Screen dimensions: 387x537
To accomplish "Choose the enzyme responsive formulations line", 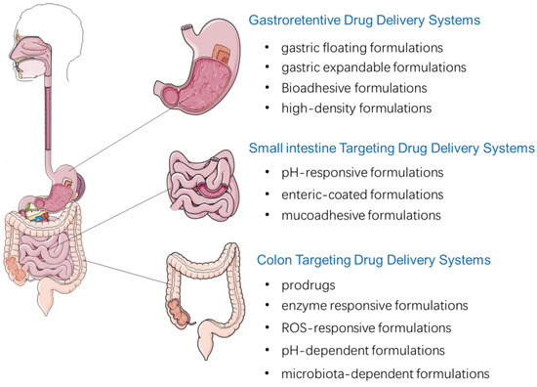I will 367,307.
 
